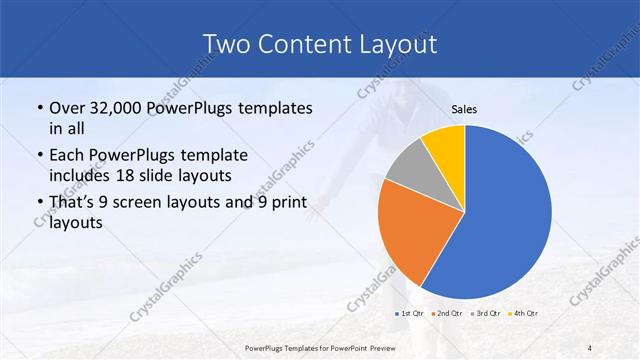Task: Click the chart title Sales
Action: tap(464, 108)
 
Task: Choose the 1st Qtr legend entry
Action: tap(410, 314)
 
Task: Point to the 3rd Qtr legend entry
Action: tap(487, 314)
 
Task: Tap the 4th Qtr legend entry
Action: tap(525, 314)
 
